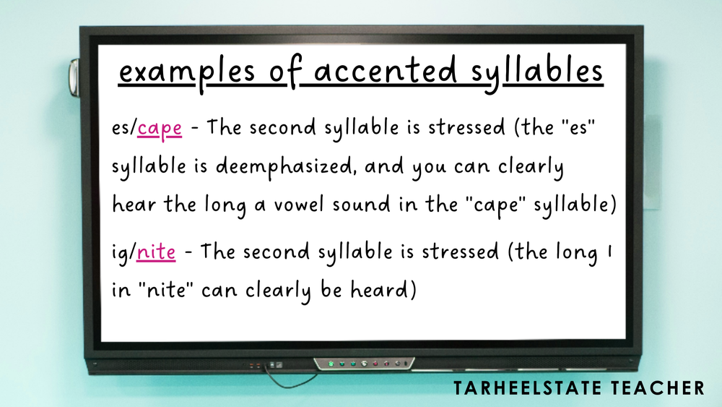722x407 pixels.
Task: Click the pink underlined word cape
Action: [x=160, y=129]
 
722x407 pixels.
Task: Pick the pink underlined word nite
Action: [x=156, y=253]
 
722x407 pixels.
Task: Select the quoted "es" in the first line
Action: [x=580, y=128]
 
